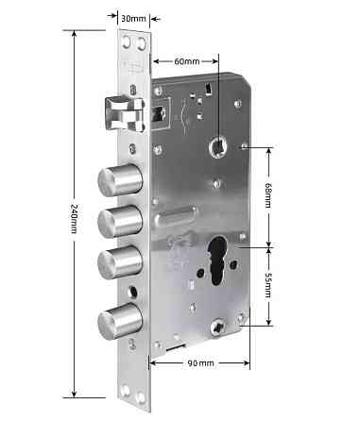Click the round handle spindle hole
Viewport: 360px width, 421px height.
(221, 145)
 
